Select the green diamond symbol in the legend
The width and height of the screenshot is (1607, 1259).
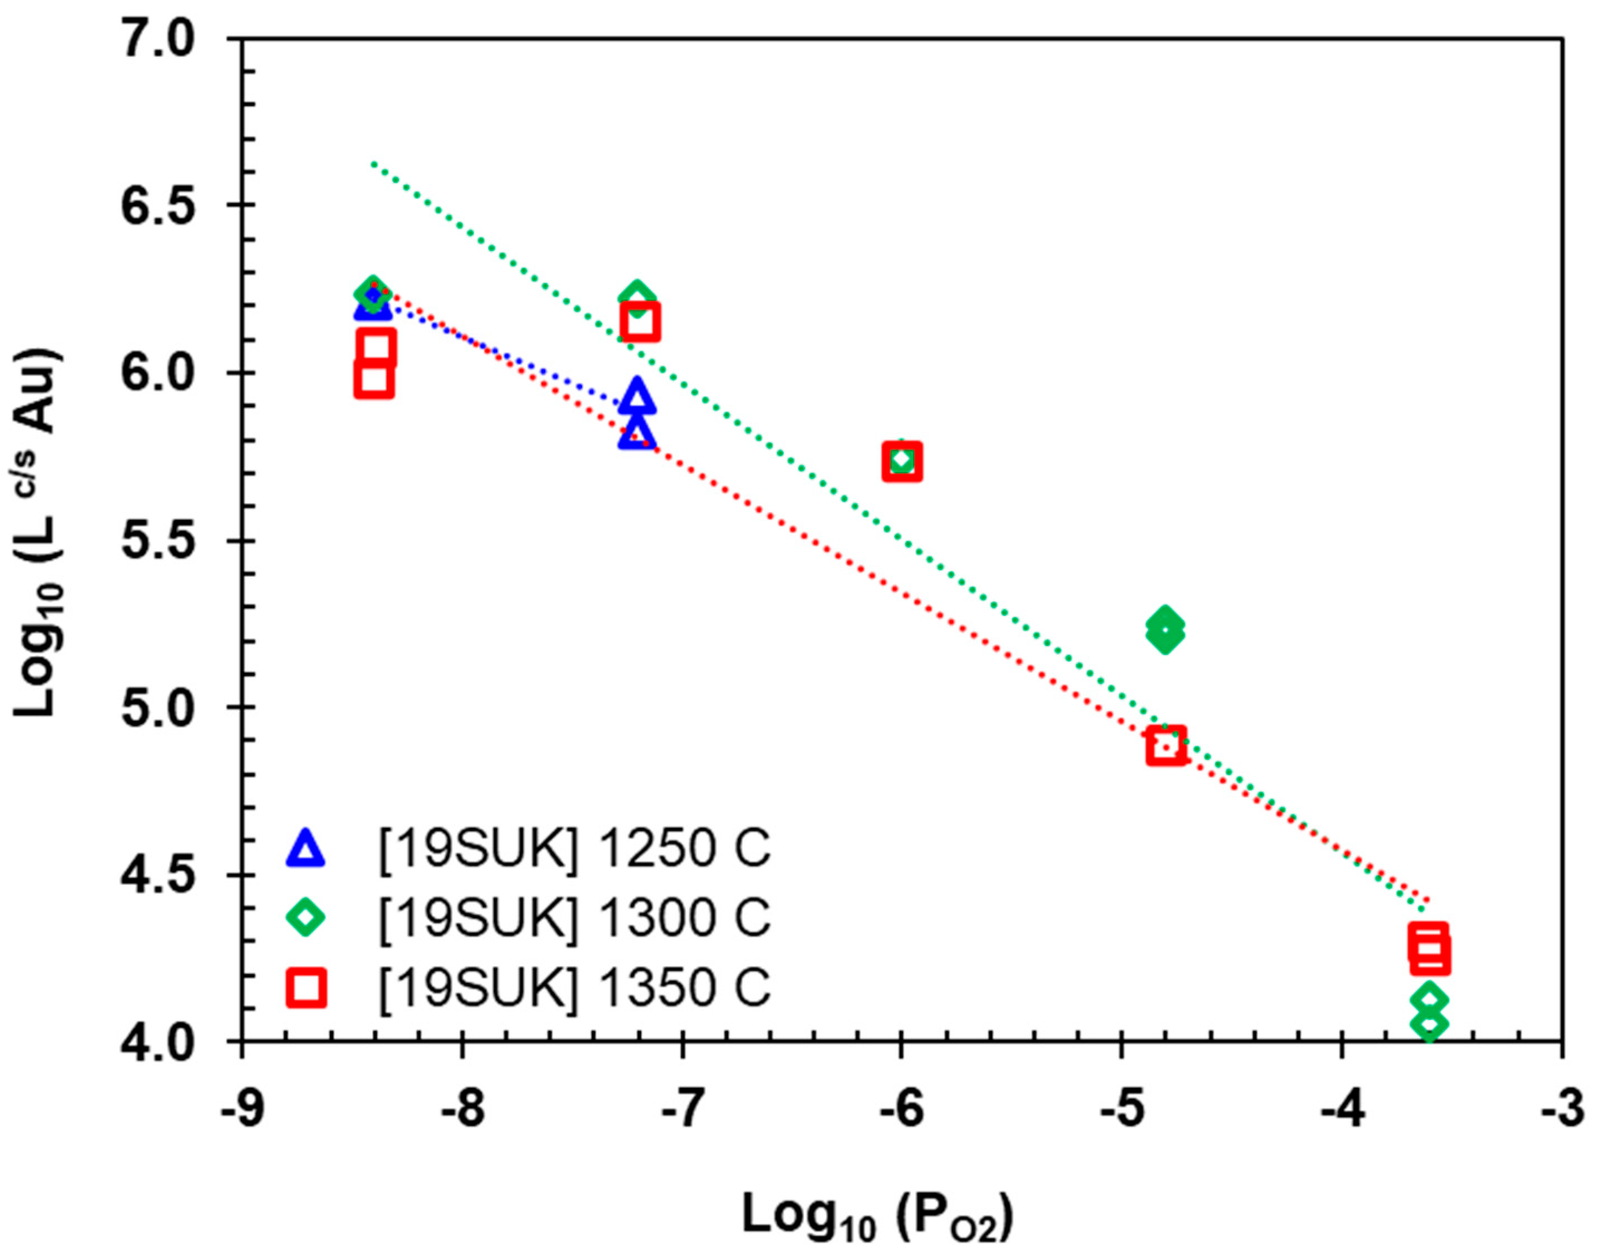(x=305, y=918)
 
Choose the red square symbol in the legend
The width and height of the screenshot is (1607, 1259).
(x=305, y=987)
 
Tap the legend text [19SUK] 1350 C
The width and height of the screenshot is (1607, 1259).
(x=574, y=987)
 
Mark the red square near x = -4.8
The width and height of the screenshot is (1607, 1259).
(x=1166, y=745)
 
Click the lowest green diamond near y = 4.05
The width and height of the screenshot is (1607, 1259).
(x=1429, y=1023)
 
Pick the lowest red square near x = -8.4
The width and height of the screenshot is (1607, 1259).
(x=373, y=379)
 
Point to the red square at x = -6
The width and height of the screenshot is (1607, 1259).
(x=901, y=461)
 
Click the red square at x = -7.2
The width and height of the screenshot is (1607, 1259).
(x=639, y=322)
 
